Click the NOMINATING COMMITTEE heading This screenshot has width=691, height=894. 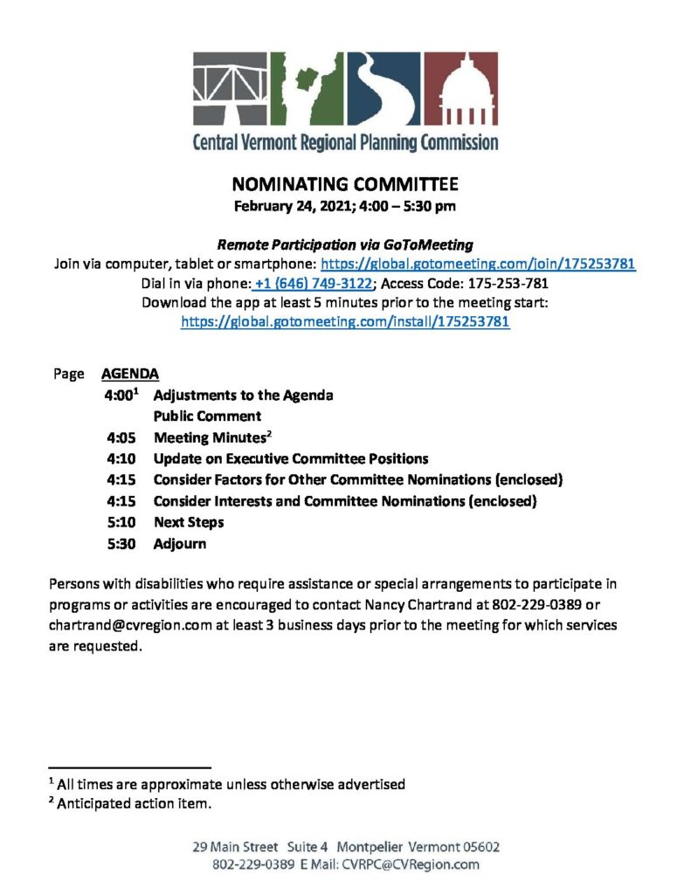(345, 184)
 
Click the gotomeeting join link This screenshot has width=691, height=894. (478, 264)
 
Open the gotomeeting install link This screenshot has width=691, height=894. (345, 321)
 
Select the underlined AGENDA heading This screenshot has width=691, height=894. (130, 374)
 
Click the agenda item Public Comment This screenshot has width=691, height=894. (207, 416)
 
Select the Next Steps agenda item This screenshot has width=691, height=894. (189, 522)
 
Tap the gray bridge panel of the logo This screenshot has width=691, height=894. (230, 89)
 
